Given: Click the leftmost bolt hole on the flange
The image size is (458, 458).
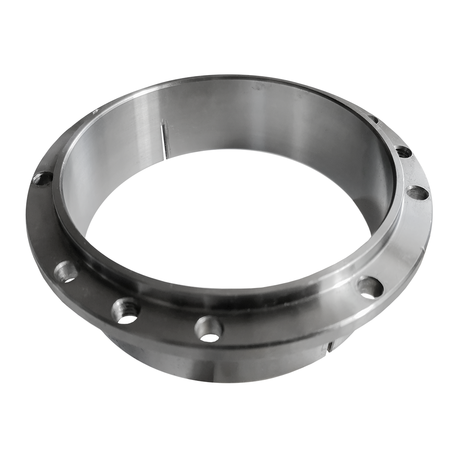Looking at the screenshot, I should [43, 179].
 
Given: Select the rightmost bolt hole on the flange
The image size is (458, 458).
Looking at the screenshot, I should [418, 193].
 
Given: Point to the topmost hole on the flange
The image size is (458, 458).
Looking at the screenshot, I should [373, 119].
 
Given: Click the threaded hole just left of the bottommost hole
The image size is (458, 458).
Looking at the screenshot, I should [126, 310].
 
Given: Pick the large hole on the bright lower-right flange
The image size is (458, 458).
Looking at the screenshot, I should [370, 287].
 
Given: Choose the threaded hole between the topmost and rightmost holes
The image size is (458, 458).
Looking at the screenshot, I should [402, 151].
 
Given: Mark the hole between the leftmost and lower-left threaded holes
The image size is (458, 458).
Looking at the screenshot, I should [66, 271].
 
